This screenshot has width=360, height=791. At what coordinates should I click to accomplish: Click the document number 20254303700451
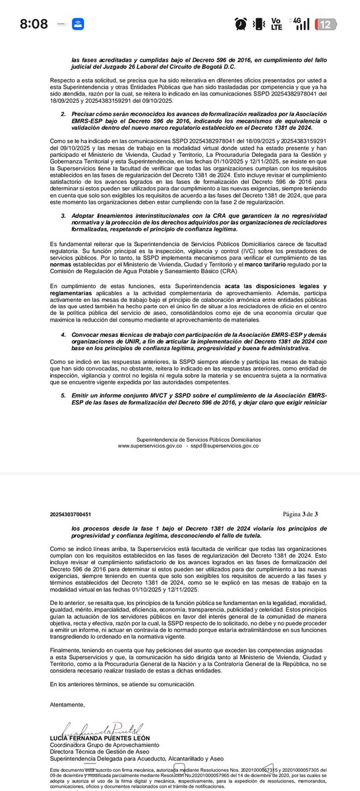pyautogui.click(x=71, y=513)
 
